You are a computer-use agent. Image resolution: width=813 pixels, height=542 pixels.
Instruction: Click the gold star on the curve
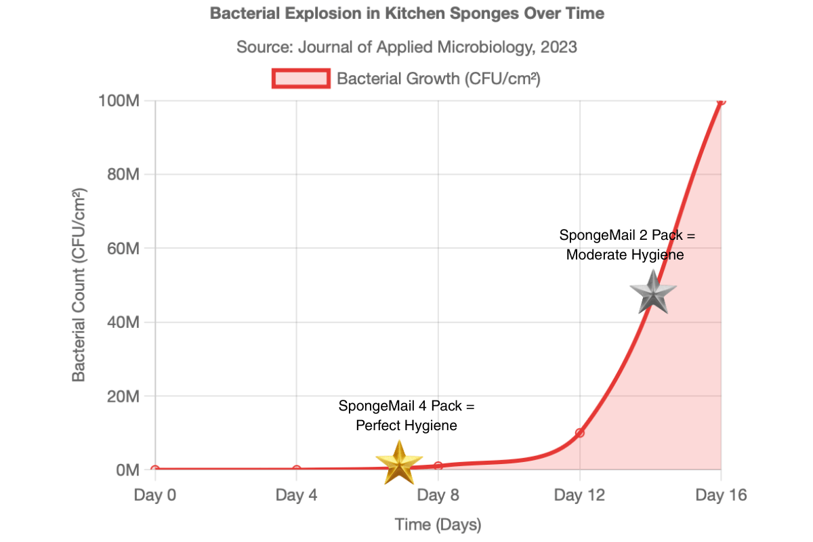point(399,462)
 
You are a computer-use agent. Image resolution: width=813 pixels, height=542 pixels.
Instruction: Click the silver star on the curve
point(653,293)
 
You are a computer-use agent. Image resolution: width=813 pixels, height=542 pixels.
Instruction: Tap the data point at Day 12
point(579,433)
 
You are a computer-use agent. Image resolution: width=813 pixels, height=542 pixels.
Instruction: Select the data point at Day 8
point(438,466)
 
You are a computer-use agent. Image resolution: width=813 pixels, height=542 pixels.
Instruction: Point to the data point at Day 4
point(297,470)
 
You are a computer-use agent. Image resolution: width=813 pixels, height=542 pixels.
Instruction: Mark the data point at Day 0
point(155,470)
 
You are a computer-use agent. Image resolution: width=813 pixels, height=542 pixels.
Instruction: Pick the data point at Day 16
point(721,100)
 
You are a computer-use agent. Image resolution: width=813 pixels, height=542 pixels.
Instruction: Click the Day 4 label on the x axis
point(297,496)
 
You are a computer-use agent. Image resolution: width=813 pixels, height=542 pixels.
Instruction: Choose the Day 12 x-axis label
point(579,496)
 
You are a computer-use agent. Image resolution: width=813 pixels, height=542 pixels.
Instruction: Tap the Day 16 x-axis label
point(721,496)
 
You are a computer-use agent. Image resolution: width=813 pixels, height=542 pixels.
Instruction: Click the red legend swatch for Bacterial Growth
point(301,79)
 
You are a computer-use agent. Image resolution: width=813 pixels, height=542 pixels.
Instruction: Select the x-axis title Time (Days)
point(438,524)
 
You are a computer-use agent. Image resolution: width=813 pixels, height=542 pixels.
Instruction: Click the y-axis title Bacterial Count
point(79,285)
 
